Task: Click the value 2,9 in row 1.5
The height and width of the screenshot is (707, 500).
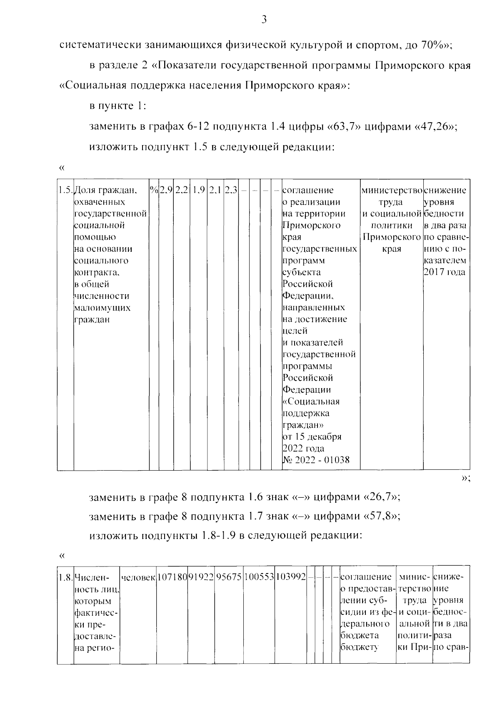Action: click(x=166, y=191)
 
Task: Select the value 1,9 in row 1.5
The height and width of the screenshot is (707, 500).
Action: click(x=199, y=191)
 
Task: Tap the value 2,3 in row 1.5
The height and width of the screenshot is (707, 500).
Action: click(x=231, y=191)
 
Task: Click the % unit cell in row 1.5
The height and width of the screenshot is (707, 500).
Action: click(x=154, y=191)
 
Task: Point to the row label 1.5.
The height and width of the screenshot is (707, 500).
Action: click(x=65, y=191)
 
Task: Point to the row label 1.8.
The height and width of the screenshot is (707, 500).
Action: click(x=65, y=577)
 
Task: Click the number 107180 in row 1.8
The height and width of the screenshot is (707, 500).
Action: click(x=172, y=577)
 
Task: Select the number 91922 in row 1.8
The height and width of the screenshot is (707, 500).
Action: click(x=201, y=577)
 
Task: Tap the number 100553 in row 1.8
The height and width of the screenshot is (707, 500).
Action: click(x=259, y=577)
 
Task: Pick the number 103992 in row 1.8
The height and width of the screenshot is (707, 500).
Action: click(x=290, y=577)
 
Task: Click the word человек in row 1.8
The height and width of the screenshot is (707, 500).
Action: click(x=138, y=577)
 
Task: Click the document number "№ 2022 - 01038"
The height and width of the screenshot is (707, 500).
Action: click(x=316, y=460)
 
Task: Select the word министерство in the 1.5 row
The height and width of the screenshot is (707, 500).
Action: click(x=391, y=191)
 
